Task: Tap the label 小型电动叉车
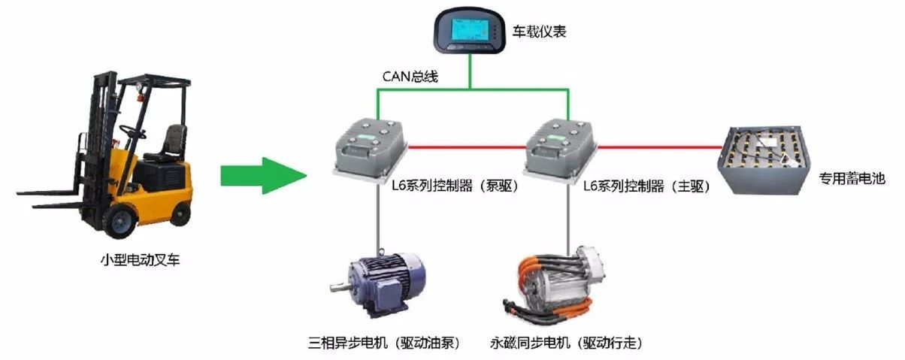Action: coord(141,261)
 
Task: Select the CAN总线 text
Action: coord(407,76)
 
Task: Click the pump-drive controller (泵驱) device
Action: coord(371,147)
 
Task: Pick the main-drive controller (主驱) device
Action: coord(561,147)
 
